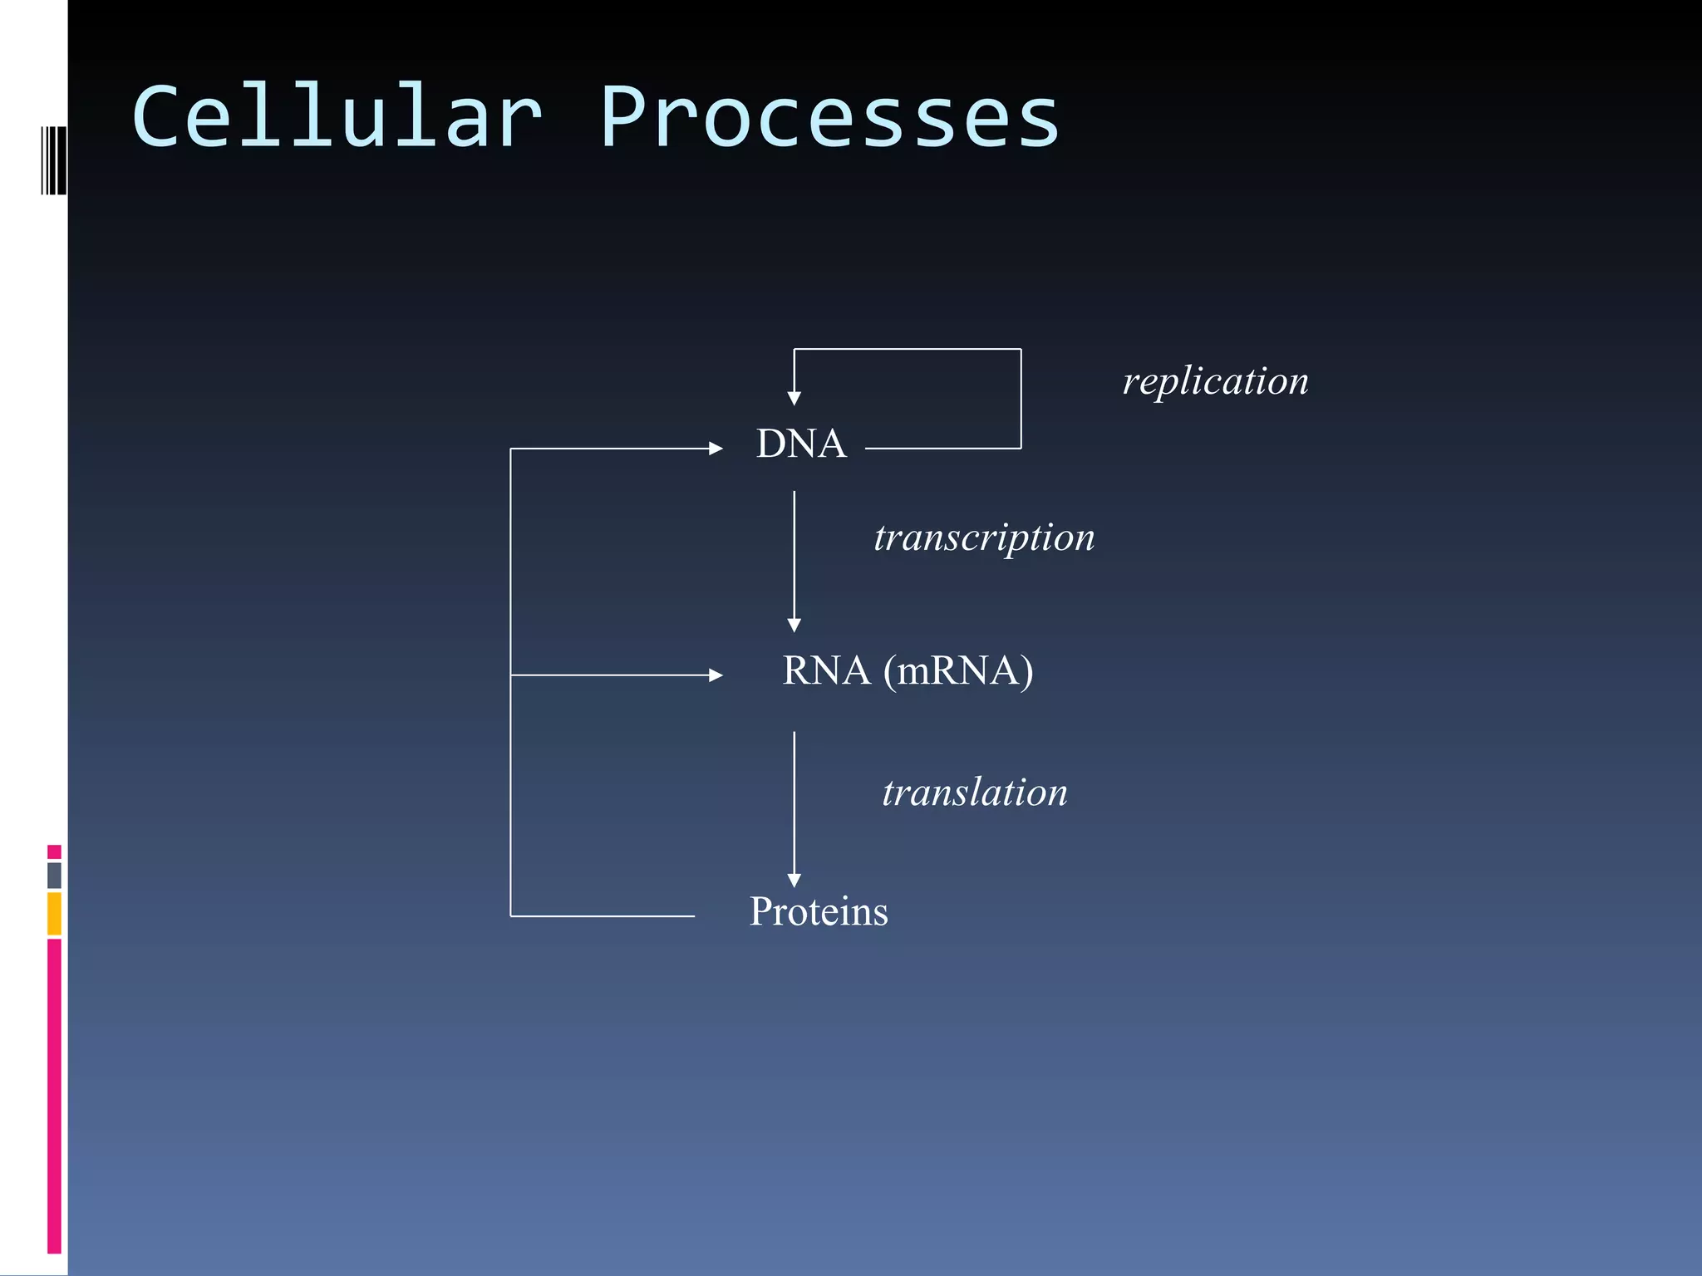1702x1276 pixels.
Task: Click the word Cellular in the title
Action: point(337,118)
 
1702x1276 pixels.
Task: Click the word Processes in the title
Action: point(829,118)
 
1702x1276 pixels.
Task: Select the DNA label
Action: point(801,444)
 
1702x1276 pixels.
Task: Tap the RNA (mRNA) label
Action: point(908,670)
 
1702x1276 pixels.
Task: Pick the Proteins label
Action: point(819,911)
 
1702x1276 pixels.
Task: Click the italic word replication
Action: point(1215,381)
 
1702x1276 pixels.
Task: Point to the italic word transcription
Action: point(984,537)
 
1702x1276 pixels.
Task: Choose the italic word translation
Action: point(974,793)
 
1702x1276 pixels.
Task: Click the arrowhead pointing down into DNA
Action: point(794,398)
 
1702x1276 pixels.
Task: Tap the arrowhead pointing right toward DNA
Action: point(716,449)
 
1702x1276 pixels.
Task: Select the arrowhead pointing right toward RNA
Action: point(716,675)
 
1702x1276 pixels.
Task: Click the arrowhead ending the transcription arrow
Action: point(794,625)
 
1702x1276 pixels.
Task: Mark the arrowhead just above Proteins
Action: point(794,880)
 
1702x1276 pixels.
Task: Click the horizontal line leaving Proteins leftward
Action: point(603,916)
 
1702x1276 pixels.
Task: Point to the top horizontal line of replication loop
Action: point(908,349)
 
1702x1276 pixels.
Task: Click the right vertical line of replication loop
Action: point(1021,399)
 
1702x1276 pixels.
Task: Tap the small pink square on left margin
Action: point(54,851)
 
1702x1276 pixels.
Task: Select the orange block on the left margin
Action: point(54,913)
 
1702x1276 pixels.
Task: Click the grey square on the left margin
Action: point(54,875)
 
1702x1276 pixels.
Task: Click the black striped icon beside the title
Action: point(54,160)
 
